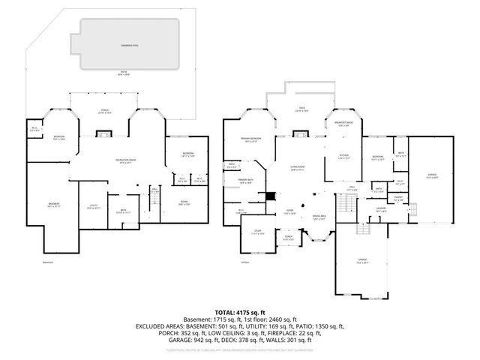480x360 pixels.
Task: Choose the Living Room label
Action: pyautogui.click(x=297, y=167)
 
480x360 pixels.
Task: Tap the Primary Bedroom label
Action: pyautogui.click(x=250, y=139)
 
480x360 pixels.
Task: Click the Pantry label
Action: pyautogui.click(x=398, y=199)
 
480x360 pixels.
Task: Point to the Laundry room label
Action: pyautogui.click(x=381, y=208)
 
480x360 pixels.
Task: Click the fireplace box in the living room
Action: pyautogui.click(x=301, y=135)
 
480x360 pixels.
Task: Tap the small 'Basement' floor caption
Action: pyautogui.click(x=48, y=262)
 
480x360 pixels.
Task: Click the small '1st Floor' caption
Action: pyautogui.click(x=245, y=262)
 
